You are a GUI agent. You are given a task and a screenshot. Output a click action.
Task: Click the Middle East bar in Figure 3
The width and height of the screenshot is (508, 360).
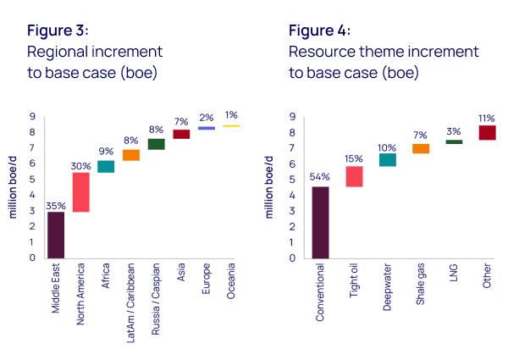(56, 235)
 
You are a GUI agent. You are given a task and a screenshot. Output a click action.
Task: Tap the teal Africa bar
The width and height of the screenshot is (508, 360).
(106, 166)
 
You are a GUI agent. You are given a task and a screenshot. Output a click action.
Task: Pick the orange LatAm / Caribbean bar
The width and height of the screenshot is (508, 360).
(131, 155)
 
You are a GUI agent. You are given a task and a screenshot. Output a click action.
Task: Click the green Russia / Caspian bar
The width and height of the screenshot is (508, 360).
(156, 144)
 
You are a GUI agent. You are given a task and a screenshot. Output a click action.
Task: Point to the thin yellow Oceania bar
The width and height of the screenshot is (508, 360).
(231, 125)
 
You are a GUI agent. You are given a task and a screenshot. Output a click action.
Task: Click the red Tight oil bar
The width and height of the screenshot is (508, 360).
(354, 175)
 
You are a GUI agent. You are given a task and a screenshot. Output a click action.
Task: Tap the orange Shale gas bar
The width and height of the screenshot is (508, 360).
(421, 149)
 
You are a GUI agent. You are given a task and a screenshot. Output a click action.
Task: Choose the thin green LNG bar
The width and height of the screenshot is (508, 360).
(454, 141)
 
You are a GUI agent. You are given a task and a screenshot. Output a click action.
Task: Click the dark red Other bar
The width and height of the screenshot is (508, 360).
(487, 132)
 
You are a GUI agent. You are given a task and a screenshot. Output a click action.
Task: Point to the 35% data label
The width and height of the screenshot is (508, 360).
(56, 205)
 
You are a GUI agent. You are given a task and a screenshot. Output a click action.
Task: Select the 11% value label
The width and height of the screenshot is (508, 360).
(487, 118)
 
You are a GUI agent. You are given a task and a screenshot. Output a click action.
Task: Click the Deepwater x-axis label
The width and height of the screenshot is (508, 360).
(388, 288)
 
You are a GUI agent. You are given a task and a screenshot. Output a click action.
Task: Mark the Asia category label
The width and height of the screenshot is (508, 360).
(181, 274)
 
